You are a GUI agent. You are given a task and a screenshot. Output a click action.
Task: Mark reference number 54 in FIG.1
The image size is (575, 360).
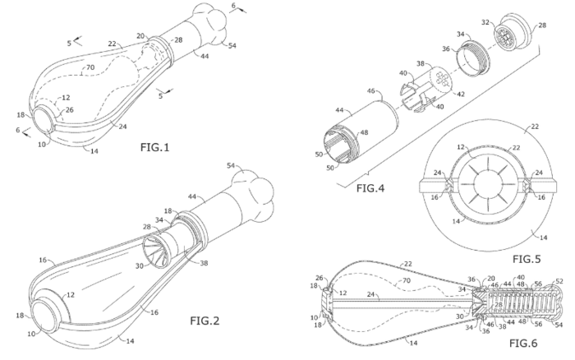pyautogui.click(x=232, y=46)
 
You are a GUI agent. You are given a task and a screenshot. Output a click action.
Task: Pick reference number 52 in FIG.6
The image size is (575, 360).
pyautogui.click(x=560, y=282)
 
